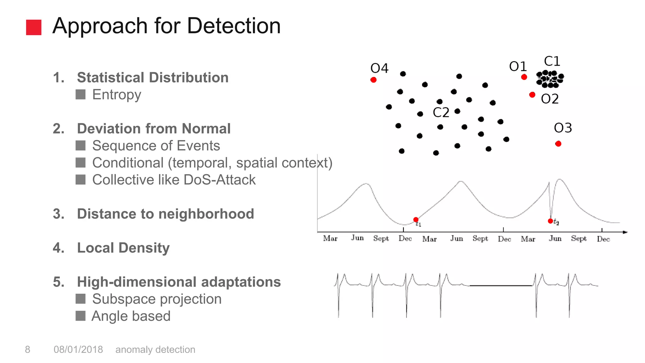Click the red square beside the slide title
point(34,27)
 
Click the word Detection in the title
point(234,26)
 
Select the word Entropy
point(117,95)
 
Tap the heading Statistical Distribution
point(153,78)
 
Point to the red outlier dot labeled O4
point(374,80)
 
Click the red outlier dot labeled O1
point(524,77)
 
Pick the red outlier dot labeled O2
point(532,95)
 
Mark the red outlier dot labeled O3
point(558,144)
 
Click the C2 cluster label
point(441,112)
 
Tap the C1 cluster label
point(552,61)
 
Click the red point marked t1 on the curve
point(416,220)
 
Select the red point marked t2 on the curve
point(550,221)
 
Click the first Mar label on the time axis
point(330,239)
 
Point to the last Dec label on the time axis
point(603,239)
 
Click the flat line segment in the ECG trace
point(501,285)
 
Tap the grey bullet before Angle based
point(81,316)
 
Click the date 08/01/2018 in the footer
point(78,349)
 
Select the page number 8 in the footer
point(28,349)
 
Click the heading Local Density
point(123,248)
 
